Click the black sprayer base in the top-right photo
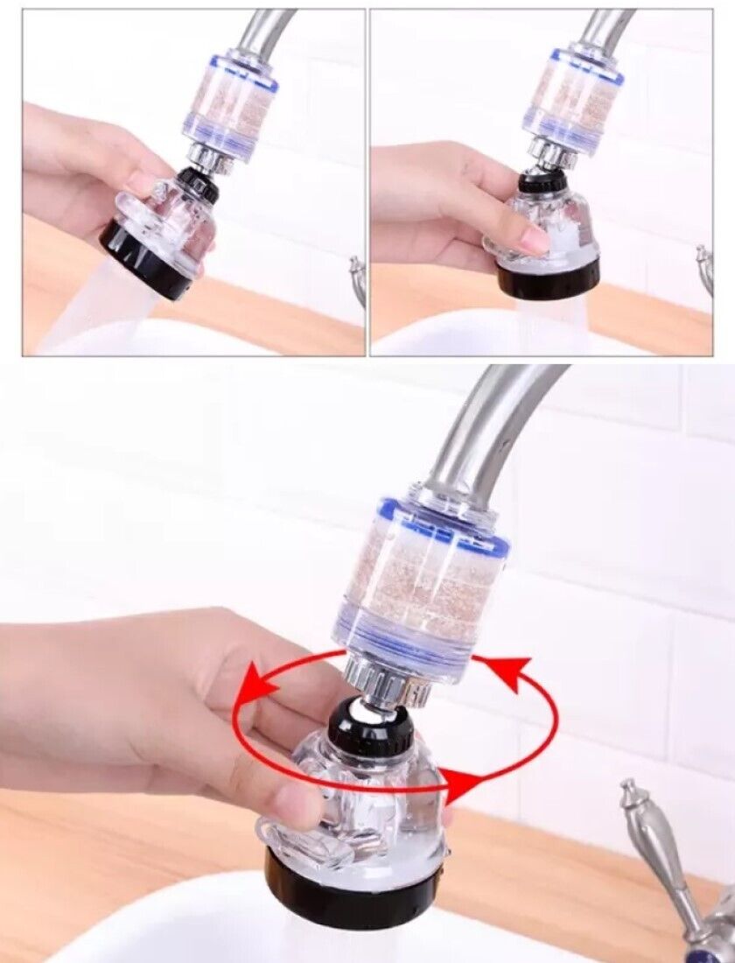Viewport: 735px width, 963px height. point(547,276)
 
